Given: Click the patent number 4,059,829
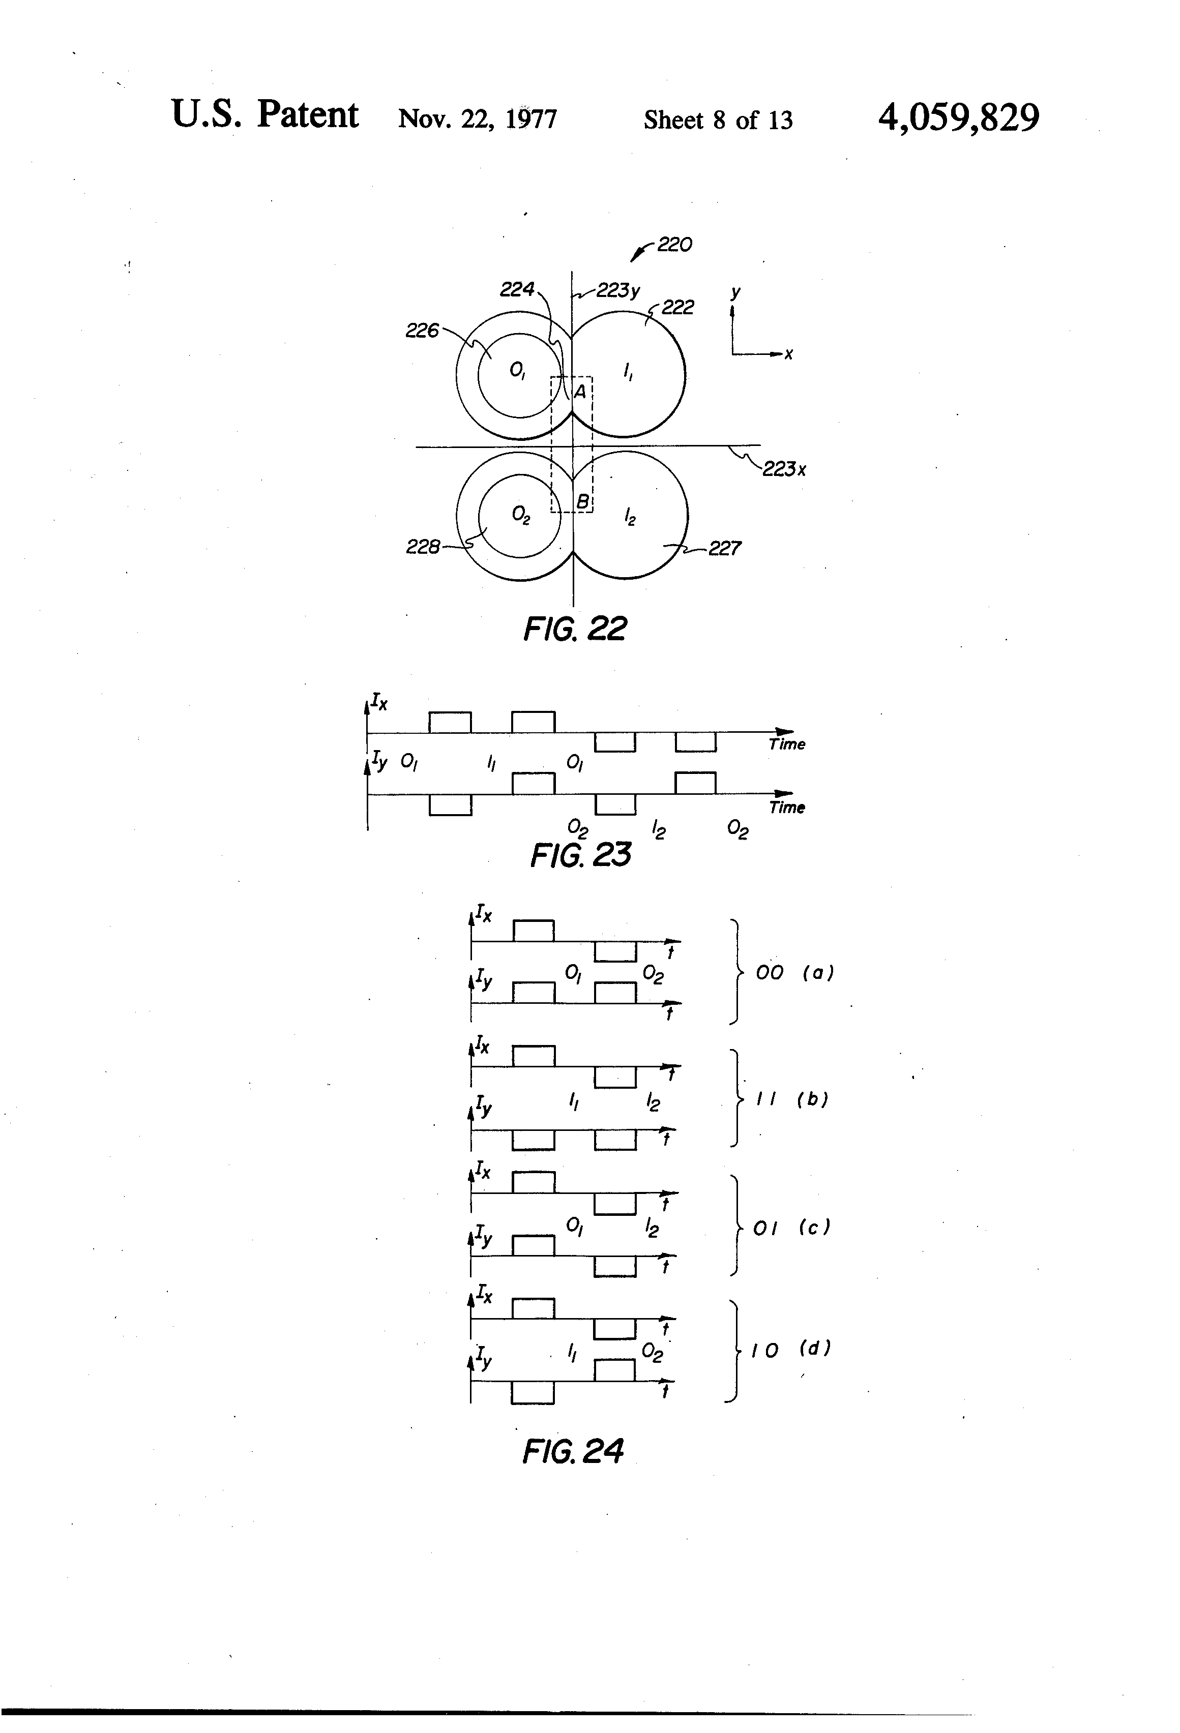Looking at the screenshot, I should [958, 118].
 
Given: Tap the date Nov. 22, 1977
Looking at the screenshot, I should [478, 119].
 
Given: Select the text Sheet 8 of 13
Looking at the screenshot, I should [718, 120].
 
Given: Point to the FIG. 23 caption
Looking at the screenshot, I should [580, 855].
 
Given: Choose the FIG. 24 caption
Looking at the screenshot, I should [573, 1451].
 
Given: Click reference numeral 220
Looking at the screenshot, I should [674, 245].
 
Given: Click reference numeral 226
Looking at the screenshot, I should [422, 331].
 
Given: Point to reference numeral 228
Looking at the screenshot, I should [422, 547].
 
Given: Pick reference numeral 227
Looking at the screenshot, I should [724, 549].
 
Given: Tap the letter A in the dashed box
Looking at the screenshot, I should [579, 390].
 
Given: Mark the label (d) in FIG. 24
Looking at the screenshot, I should [814, 1348].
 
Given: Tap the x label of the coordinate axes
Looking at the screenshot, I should [788, 355].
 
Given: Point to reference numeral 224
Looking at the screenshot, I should [517, 289].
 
